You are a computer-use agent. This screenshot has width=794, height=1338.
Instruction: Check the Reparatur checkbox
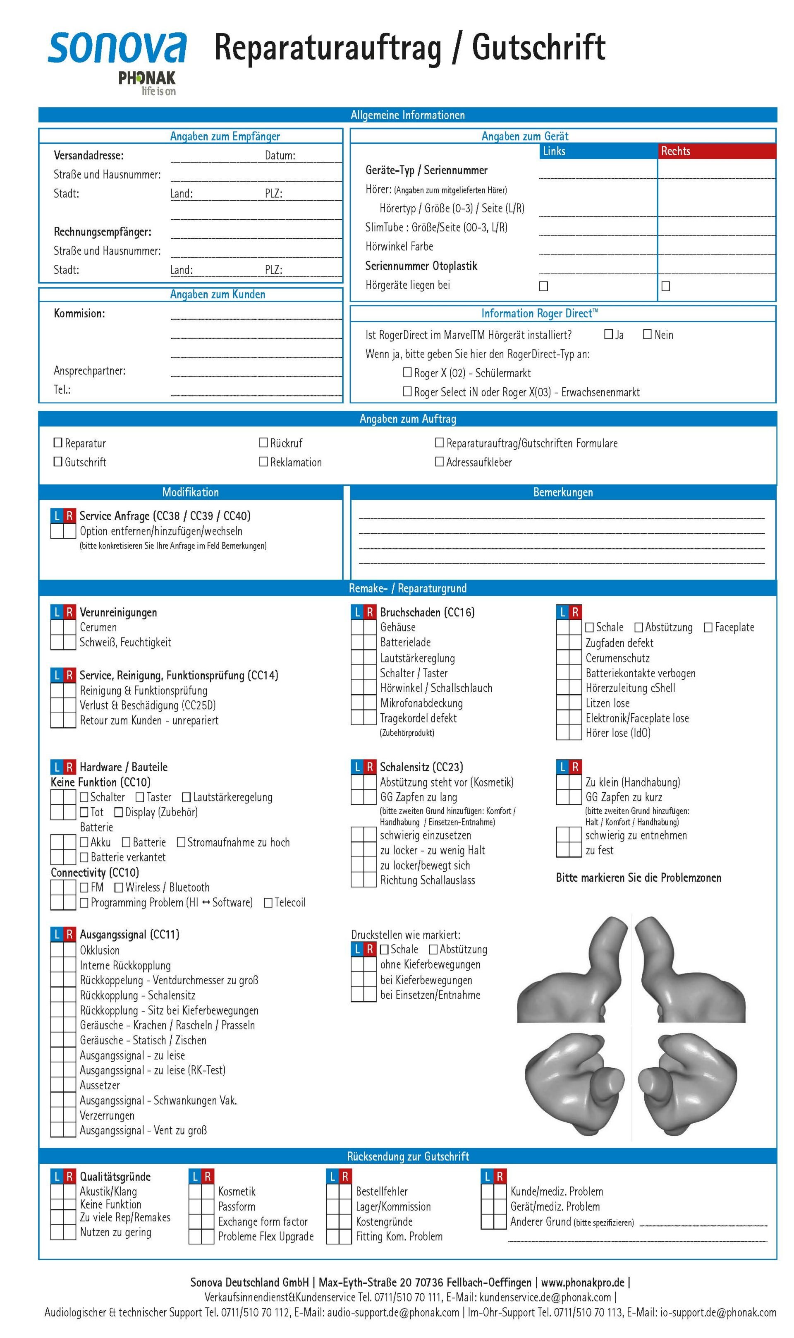pyautogui.click(x=58, y=443)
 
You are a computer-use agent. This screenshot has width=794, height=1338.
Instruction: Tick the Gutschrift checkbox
pyautogui.click(x=58, y=461)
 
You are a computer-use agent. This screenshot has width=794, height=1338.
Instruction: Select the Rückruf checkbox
pyautogui.click(x=263, y=443)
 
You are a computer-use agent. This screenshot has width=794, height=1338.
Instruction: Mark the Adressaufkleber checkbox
pyautogui.click(x=439, y=461)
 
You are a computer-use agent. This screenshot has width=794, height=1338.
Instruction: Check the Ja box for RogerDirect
pyautogui.click(x=608, y=334)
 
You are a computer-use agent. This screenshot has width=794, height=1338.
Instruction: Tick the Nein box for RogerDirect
pyautogui.click(x=647, y=334)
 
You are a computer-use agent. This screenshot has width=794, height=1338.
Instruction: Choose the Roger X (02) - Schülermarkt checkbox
pyautogui.click(x=407, y=372)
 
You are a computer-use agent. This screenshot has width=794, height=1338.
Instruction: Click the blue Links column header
pyautogui.click(x=598, y=151)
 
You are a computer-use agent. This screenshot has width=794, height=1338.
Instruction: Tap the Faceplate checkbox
pyautogui.click(x=708, y=627)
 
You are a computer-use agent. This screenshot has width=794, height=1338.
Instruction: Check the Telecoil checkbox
pyautogui.click(x=268, y=903)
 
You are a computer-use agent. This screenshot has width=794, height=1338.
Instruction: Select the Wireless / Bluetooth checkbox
pyautogui.click(x=119, y=888)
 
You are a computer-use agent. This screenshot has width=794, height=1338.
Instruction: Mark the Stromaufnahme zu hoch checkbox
pyautogui.click(x=181, y=842)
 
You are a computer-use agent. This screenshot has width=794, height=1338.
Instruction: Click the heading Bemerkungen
pyautogui.click(x=563, y=492)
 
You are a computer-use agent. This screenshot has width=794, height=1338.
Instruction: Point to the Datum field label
pyautogui.click(x=280, y=156)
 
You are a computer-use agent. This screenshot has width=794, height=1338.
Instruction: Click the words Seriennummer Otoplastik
pyautogui.click(x=421, y=266)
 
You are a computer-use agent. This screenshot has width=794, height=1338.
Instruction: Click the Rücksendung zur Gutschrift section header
pyautogui.click(x=408, y=1156)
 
